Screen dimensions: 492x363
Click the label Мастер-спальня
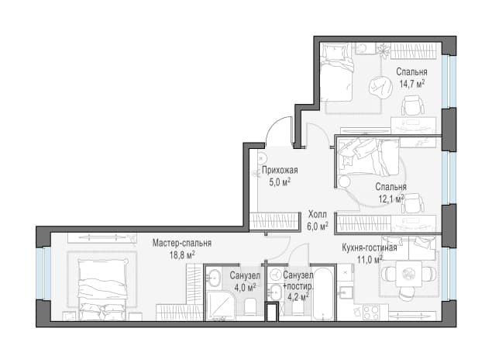pyautogui.click(x=182, y=244)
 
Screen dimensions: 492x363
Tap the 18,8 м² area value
pyautogui.click(x=182, y=254)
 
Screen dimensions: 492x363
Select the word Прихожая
pyautogui.click(x=280, y=171)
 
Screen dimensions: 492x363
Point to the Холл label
pyautogui.click(x=318, y=215)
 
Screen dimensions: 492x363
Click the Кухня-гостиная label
pyautogui.click(x=370, y=248)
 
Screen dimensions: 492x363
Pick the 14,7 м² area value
pyautogui.click(x=412, y=84)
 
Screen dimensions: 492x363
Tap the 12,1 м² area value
pyautogui.click(x=391, y=199)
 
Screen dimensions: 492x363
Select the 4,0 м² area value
pyautogui.click(x=245, y=287)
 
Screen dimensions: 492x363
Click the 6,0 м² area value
pyautogui.click(x=318, y=226)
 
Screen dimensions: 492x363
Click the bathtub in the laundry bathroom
pyautogui.click(x=324, y=294)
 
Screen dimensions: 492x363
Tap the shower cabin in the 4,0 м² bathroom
pyautogui.click(x=221, y=307)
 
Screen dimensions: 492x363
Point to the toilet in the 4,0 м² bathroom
pyautogui.click(x=251, y=307)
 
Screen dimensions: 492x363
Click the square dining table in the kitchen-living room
pyautogui.click(x=408, y=274)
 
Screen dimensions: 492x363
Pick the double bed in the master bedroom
pyautogui.click(x=102, y=289)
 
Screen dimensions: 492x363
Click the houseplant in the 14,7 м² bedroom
pyautogui.click(x=383, y=50)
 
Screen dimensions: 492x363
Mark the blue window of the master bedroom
pyautogui.click(x=43, y=273)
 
